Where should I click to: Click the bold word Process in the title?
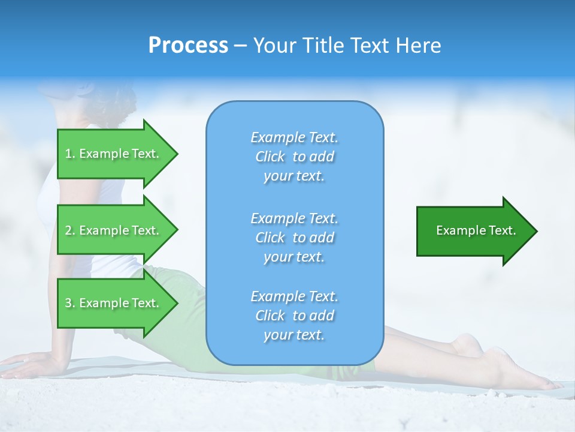pos(188,46)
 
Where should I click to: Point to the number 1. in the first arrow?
pos(70,154)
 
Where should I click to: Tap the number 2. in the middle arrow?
pos(70,230)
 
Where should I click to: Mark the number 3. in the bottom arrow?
pos(70,303)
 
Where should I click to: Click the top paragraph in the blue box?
pos(294,157)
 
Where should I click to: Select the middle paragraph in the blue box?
pos(294,237)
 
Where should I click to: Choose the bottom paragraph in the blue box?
pos(294,316)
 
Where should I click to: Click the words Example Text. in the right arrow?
pos(476,230)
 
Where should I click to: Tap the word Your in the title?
pos(276,46)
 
